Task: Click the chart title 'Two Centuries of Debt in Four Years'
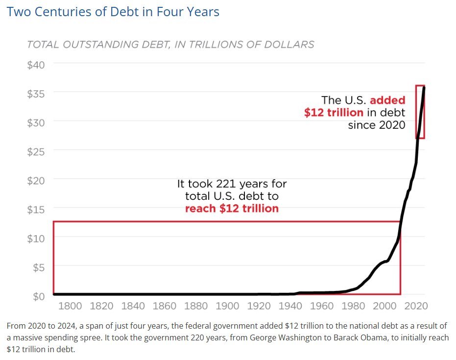coord(113,12)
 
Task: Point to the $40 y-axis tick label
coord(36,64)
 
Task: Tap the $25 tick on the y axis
coord(36,151)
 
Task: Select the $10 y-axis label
coord(36,238)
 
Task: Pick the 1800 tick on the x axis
coord(70,307)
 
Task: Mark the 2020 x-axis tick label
coord(416,307)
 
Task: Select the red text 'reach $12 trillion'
coord(232,209)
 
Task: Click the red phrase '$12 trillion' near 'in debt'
coord(334,112)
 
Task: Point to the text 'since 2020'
coord(377,124)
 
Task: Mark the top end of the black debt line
coord(424,87)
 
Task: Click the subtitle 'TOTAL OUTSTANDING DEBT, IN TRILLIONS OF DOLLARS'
coord(170,45)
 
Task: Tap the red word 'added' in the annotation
coord(387,100)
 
